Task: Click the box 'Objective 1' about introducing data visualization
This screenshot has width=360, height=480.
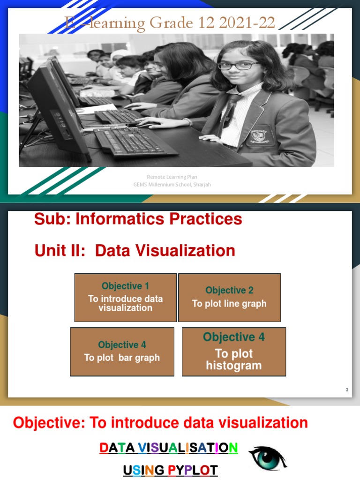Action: (x=125, y=298)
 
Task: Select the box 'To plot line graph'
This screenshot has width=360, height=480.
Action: (x=229, y=298)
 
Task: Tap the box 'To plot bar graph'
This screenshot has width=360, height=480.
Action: (x=122, y=352)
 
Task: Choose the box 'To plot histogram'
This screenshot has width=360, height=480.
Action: (x=233, y=352)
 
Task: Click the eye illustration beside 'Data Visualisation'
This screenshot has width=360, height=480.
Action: (x=267, y=457)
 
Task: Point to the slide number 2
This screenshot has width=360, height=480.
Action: (x=347, y=390)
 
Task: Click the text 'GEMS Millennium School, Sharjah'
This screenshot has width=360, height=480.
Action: (x=172, y=185)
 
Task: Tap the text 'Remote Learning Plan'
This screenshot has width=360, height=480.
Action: (x=172, y=177)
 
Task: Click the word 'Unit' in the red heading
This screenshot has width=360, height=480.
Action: (x=49, y=251)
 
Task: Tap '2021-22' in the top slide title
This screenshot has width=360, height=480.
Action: (x=246, y=23)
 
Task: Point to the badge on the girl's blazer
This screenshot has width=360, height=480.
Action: (x=259, y=136)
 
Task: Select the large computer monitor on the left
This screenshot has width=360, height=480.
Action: (x=56, y=110)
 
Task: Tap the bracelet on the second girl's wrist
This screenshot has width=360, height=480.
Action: (x=188, y=122)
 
